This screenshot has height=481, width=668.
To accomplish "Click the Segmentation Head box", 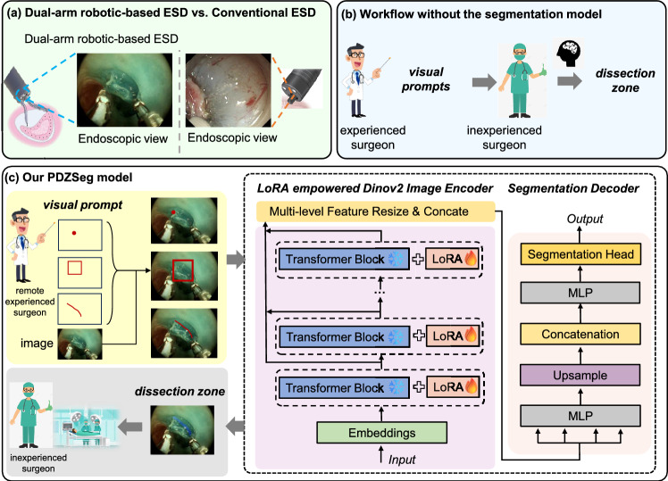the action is [580, 254].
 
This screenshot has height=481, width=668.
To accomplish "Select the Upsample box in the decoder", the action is [580, 375].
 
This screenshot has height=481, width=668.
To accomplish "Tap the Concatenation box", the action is [580, 334].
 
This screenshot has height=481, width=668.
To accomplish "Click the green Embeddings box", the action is [381, 433].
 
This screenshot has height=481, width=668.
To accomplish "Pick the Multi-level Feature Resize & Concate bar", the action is [375, 211].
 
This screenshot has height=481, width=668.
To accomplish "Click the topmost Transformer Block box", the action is [344, 259].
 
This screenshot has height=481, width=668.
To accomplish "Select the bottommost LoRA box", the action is [454, 387].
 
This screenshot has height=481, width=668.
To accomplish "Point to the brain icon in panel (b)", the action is [570, 54].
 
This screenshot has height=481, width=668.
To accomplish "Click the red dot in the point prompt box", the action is [74, 233].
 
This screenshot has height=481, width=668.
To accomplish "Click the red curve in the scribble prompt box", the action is [74, 309].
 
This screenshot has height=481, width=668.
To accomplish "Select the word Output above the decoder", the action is [584, 219].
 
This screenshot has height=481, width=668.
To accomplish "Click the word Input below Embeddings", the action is [401, 460].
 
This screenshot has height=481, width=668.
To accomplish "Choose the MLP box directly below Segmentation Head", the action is [580, 293].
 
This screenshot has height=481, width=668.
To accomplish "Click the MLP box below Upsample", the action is [580, 416].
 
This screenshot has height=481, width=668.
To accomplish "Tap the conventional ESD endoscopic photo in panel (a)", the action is [229, 90].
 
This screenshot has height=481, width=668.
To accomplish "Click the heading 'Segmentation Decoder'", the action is [573, 188].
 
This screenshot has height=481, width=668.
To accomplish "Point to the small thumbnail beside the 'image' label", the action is [80, 344].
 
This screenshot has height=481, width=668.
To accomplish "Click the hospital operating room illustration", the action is [86, 427].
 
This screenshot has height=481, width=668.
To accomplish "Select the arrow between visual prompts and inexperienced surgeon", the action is [484, 82].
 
